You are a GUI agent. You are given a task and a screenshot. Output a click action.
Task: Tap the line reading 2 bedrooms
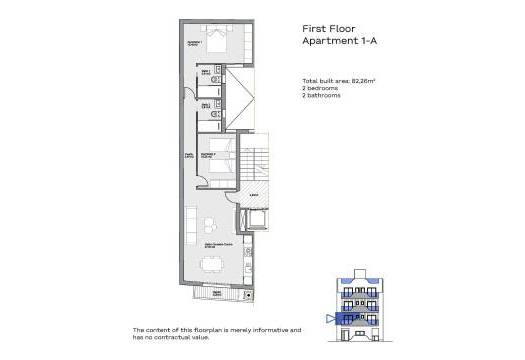323,87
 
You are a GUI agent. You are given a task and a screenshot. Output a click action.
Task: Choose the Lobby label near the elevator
254,195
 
